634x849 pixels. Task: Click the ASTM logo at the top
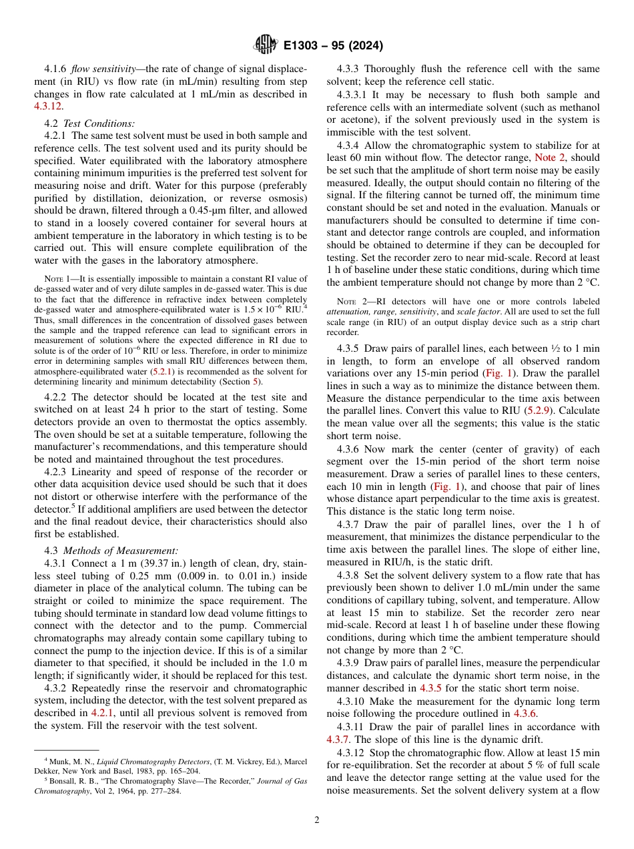click(265, 45)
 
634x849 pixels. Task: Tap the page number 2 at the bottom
click(317, 820)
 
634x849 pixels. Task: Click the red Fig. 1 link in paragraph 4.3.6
click(447, 487)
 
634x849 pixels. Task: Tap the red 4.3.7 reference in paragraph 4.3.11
click(339, 739)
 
